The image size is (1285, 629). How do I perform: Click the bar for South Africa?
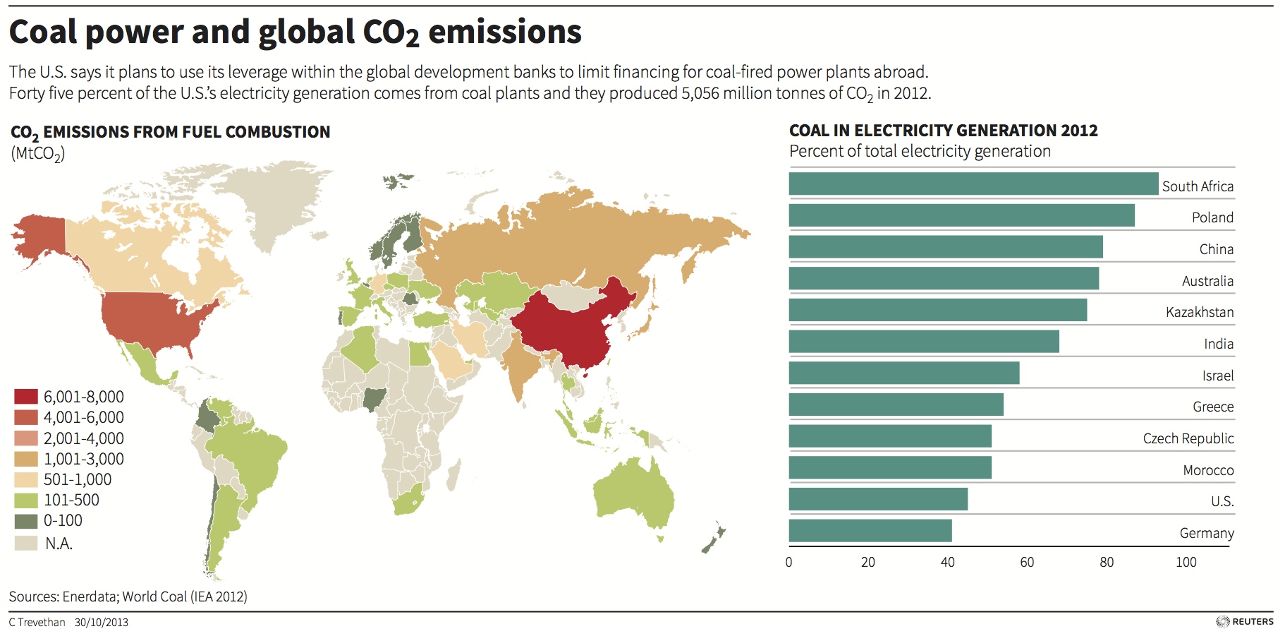pos(973,184)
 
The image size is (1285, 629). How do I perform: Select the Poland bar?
pos(961,215)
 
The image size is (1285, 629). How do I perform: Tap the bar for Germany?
pos(870,531)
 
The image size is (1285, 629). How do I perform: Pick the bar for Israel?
pos(903,373)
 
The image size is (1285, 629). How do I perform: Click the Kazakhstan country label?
pos(1199,312)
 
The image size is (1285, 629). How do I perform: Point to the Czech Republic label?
pos(1188,438)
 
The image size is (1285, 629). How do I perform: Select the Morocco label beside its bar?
pos(1207,470)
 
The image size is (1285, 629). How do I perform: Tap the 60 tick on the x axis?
pos(1027,562)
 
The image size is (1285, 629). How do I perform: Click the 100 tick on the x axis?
pos(1186,562)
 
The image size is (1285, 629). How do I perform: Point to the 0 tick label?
pos(788,562)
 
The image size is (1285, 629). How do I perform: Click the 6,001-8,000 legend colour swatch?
pos(26,397)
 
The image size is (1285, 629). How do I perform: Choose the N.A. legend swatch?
pos(26,543)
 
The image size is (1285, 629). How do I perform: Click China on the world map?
pos(564,325)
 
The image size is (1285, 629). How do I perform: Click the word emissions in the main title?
pos(504,32)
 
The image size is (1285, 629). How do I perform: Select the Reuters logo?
pos(1245,621)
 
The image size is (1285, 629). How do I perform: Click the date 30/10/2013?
pos(102,622)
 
